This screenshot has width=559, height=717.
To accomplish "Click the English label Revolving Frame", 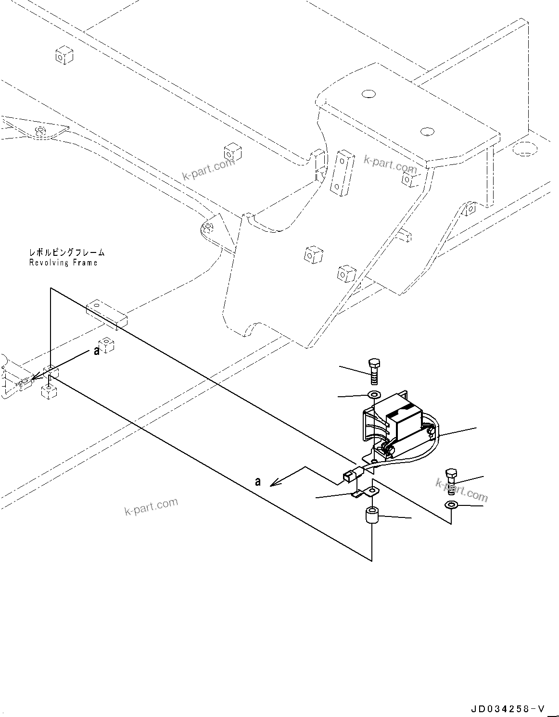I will coord(63,263).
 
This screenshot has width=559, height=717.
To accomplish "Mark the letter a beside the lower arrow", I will coord(258,481).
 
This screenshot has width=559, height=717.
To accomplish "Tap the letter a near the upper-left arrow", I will coord(97,352).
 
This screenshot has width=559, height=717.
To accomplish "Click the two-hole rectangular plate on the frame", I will coord(343,173).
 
